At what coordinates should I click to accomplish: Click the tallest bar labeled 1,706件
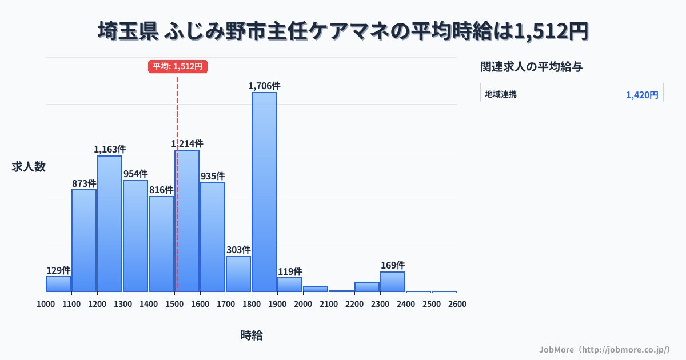tap(264, 192)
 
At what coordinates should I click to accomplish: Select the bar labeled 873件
tap(84, 241)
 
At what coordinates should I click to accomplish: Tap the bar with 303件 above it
tap(238, 274)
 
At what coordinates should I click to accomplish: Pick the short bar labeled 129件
tap(58, 284)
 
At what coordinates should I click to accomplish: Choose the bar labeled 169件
tap(393, 282)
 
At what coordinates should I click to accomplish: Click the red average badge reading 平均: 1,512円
tap(178, 66)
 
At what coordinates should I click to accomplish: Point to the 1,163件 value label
tap(110, 149)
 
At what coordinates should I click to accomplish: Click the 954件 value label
tap(135, 174)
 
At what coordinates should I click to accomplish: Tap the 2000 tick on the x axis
tap(303, 304)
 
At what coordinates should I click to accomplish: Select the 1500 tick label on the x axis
tap(174, 304)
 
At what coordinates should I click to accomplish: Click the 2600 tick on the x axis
tap(457, 304)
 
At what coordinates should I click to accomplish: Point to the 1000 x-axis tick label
tap(46, 304)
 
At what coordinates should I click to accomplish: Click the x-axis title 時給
tap(252, 335)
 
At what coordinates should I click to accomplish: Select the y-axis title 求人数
tap(29, 167)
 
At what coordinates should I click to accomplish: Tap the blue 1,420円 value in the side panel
tap(642, 95)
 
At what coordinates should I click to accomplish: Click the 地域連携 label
tap(501, 94)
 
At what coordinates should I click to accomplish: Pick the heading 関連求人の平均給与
tap(532, 67)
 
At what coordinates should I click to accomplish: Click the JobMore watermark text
tap(604, 349)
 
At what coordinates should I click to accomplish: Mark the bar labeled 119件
tap(290, 285)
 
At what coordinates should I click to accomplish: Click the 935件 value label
tap(213, 176)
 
